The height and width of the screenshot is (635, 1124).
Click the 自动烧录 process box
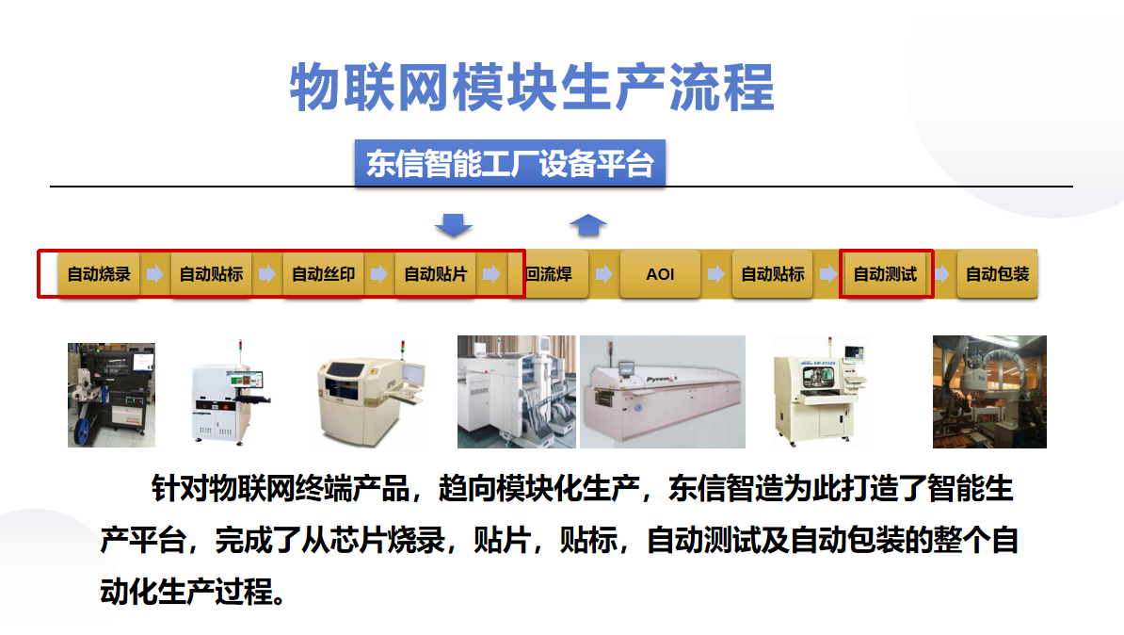point(99,274)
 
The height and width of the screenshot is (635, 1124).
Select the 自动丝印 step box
point(323,274)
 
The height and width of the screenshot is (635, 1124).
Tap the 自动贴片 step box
point(436,274)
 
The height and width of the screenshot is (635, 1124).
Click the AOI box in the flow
point(660,274)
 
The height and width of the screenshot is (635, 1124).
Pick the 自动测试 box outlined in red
point(885,274)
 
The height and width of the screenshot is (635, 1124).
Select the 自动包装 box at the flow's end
point(997,274)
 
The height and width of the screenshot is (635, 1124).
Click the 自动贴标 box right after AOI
point(773,274)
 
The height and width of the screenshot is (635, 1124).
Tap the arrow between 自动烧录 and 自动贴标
point(154,274)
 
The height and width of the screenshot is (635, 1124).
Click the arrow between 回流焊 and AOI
point(604,274)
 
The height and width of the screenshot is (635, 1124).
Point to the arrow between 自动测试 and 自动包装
point(941,274)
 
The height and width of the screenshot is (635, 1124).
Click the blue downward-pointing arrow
point(454,225)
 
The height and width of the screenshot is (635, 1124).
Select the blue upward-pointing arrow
point(587,224)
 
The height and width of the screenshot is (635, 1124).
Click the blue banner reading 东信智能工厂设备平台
point(509,164)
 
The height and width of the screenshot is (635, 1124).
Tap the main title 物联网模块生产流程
point(532,88)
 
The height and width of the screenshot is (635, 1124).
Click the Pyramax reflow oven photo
point(663,392)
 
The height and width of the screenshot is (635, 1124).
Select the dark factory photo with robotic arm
point(989,392)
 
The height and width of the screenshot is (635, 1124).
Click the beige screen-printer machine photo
point(370,393)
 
